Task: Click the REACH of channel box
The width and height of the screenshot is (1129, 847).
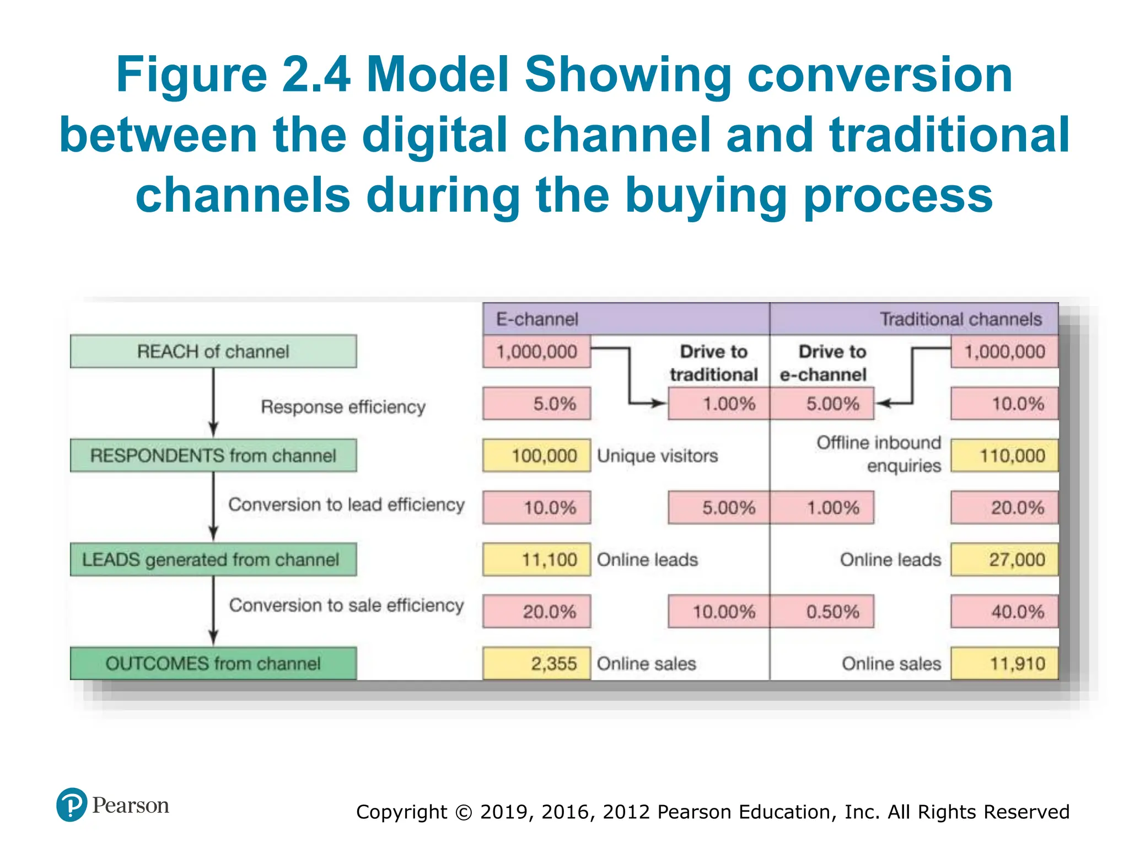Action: click(213, 351)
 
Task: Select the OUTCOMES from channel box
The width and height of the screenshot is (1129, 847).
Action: click(213, 663)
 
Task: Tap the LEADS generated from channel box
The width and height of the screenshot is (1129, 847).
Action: click(213, 560)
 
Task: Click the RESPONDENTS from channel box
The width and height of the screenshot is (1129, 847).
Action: click(213, 455)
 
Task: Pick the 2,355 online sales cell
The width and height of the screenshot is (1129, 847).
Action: click(536, 663)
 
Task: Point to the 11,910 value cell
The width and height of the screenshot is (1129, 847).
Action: click(1004, 663)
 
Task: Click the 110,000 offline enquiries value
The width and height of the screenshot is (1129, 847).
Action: click(1004, 455)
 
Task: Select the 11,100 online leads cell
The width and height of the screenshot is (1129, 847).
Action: click(536, 560)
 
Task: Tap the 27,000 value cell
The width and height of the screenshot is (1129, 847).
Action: click(1004, 560)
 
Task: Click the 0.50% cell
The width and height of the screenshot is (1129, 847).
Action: click(822, 612)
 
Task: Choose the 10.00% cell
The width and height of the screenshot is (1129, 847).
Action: click(718, 612)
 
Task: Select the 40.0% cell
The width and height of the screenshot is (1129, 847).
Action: click(1004, 612)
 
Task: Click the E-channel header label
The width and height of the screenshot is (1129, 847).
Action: click(537, 319)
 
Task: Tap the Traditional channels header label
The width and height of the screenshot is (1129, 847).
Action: click(960, 319)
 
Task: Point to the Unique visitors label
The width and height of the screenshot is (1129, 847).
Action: click(657, 456)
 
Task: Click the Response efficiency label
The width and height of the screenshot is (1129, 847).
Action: click(343, 407)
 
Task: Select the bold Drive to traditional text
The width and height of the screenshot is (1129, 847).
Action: click(714, 363)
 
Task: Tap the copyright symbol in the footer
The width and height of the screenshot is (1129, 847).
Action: click(464, 812)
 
